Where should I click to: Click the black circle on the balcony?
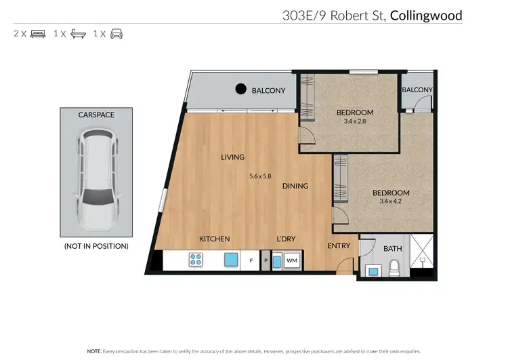click(x=240, y=88)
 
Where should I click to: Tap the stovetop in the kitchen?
click(x=196, y=259)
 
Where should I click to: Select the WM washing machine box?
click(x=292, y=260)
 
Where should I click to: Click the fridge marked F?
click(x=251, y=260)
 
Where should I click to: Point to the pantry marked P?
click(x=266, y=260)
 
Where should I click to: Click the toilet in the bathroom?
click(x=392, y=271)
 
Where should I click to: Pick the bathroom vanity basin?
click(x=373, y=271)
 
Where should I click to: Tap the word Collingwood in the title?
click(x=426, y=16)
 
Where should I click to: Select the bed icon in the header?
click(x=38, y=33)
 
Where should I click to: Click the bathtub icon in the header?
click(x=78, y=33)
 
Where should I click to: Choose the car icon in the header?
click(x=117, y=33)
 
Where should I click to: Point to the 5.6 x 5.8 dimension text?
click(x=260, y=176)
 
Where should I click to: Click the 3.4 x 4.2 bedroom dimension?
click(x=391, y=201)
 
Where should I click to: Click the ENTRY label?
click(x=338, y=245)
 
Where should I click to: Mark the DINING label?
click(x=295, y=186)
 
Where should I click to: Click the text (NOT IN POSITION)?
click(x=96, y=245)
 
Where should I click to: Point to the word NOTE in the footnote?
click(x=94, y=351)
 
